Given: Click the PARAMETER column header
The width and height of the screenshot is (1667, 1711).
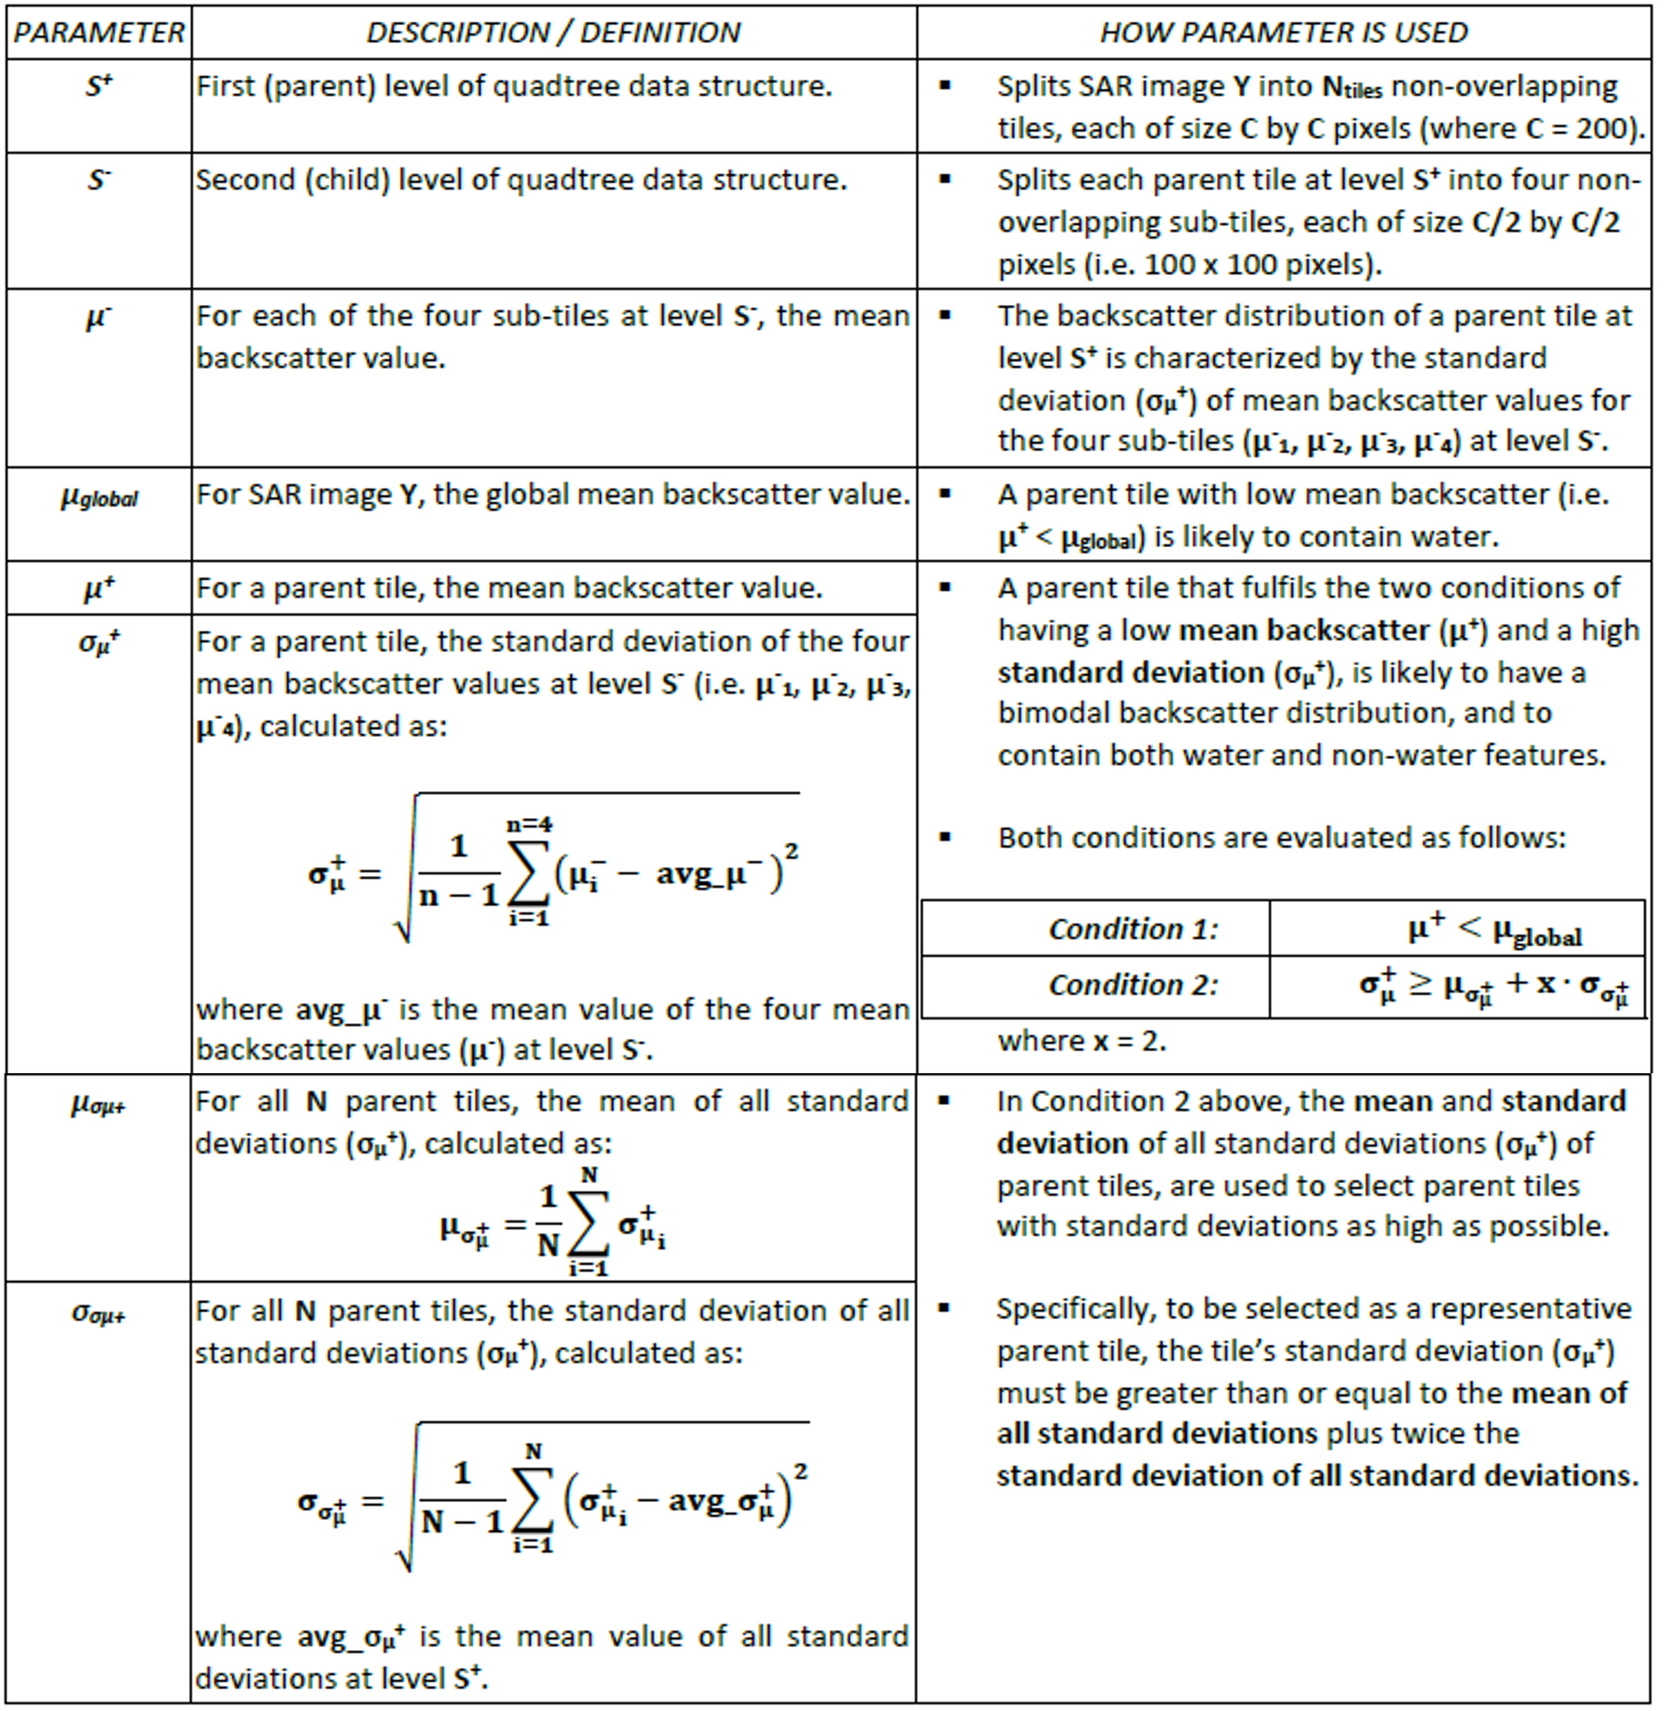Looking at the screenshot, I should (98, 33).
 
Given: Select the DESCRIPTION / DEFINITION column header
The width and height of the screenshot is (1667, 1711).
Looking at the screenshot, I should (552, 33).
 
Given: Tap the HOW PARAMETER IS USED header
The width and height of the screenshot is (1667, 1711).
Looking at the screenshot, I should (1283, 33).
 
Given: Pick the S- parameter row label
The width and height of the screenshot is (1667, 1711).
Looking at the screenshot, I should (98, 180).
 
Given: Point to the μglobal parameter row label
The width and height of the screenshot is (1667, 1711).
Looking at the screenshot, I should (99, 498).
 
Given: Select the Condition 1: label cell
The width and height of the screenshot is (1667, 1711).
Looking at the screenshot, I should (1133, 928).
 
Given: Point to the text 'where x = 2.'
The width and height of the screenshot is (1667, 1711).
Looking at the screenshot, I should (1081, 1041).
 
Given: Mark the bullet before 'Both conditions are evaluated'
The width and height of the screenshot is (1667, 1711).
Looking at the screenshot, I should (945, 836).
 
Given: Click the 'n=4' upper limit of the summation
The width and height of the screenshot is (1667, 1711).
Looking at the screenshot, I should (530, 823).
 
